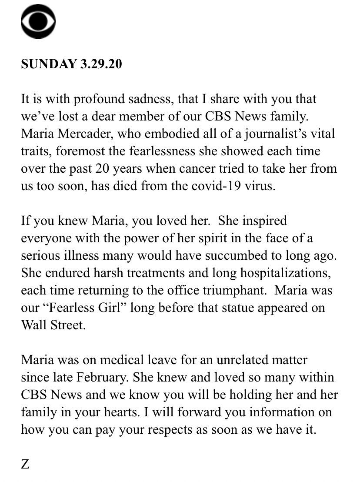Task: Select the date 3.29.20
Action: (x=101, y=64)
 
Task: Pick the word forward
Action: (x=177, y=412)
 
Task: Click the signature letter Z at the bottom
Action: (x=25, y=464)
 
